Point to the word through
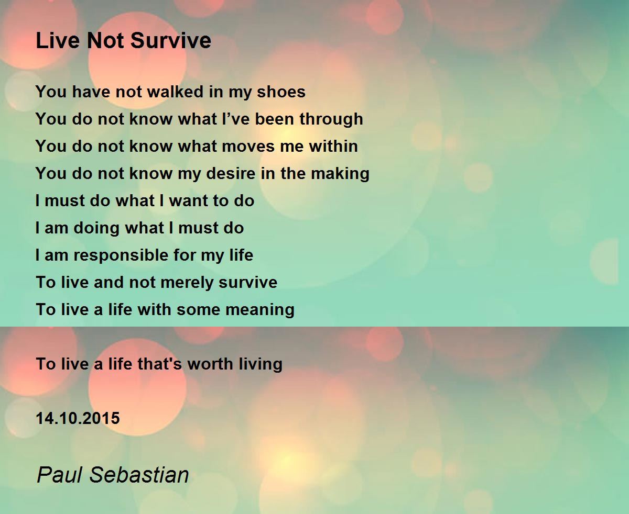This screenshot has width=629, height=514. (x=331, y=119)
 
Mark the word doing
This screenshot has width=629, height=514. (x=94, y=228)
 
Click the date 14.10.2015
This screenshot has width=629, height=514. (x=78, y=418)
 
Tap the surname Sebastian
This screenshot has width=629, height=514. (x=139, y=475)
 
